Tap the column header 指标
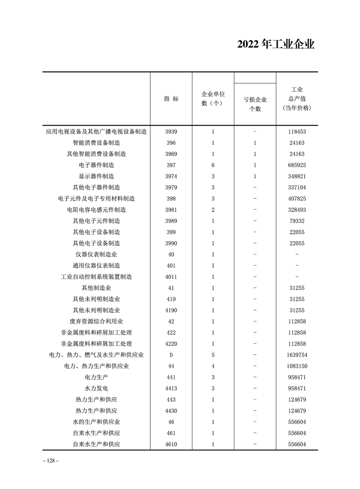pyautogui.click(x=171, y=99)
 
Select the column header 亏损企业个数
pyautogui.click(x=255, y=104)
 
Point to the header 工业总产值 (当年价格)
pyautogui.click(x=296, y=99)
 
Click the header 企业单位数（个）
pyautogui.click(x=213, y=99)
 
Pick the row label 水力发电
pyautogui.click(x=96, y=388)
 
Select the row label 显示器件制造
pyautogui.click(x=96, y=176)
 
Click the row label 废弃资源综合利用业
pyautogui.click(x=96, y=321)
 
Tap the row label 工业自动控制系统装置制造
pyautogui.click(x=96, y=277)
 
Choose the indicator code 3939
pyautogui.click(x=171, y=132)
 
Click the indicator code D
pyautogui.click(x=171, y=355)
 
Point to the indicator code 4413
pyautogui.click(x=171, y=388)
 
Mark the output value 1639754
pyautogui.click(x=296, y=355)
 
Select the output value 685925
pyautogui.click(x=296, y=165)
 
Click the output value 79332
pyautogui.click(x=296, y=221)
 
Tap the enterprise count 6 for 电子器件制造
pyautogui.click(x=213, y=165)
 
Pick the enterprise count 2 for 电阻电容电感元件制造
pyautogui.click(x=213, y=210)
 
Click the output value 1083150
pyautogui.click(x=296, y=366)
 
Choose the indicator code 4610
pyautogui.click(x=171, y=444)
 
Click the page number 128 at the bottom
pyautogui.click(x=50, y=460)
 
